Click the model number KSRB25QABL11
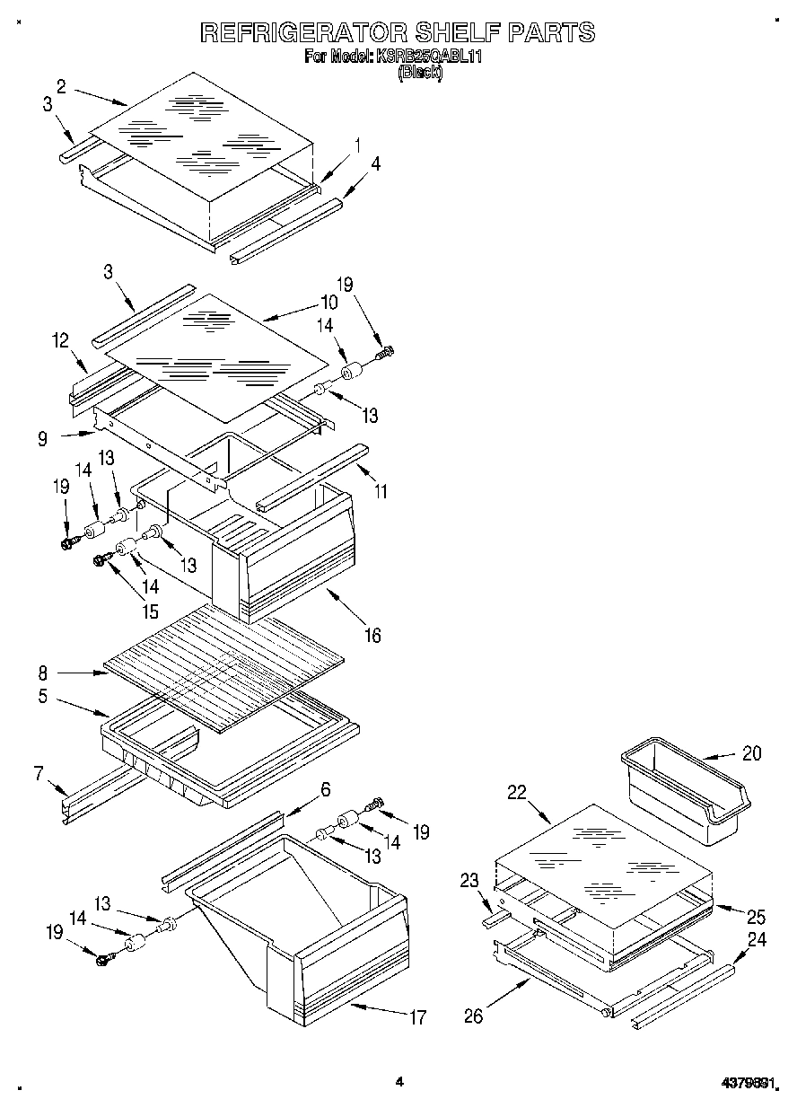point(434,57)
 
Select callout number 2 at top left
point(61,86)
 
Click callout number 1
point(357,144)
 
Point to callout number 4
point(375,163)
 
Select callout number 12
point(60,340)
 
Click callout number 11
point(381,492)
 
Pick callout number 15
point(149,612)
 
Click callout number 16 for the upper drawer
point(372,636)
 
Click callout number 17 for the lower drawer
point(417,1017)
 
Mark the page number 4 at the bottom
point(399,1082)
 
